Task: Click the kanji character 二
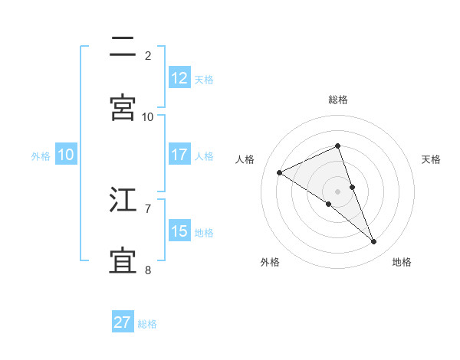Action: pyautogui.click(x=123, y=47)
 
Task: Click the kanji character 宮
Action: pyautogui.click(x=123, y=107)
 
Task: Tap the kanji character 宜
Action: pyautogui.click(x=123, y=260)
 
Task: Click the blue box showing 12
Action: pyautogui.click(x=179, y=78)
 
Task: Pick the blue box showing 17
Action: pyautogui.click(x=179, y=155)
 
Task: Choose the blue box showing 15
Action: pyautogui.click(x=179, y=231)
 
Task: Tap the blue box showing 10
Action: pyautogui.click(x=66, y=155)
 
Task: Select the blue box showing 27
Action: pyautogui.click(x=123, y=322)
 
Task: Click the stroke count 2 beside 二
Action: pyautogui.click(x=148, y=55)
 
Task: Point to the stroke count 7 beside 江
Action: pyautogui.click(x=148, y=208)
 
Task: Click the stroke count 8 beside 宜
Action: pyautogui.click(x=148, y=270)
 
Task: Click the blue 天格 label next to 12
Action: pyautogui.click(x=204, y=79)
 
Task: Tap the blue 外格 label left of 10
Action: pyautogui.click(x=41, y=155)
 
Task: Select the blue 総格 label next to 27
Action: pyautogui.click(x=147, y=323)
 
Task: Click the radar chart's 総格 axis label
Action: pyautogui.click(x=338, y=100)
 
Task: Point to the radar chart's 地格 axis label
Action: pyautogui.click(x=402, y=262)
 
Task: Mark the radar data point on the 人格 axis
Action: pyautogui.click(x=280, y=172)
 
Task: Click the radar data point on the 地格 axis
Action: pyautogui.click(x=374, y=242)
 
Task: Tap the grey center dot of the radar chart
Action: pyautogui.click(x=338, y=191)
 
